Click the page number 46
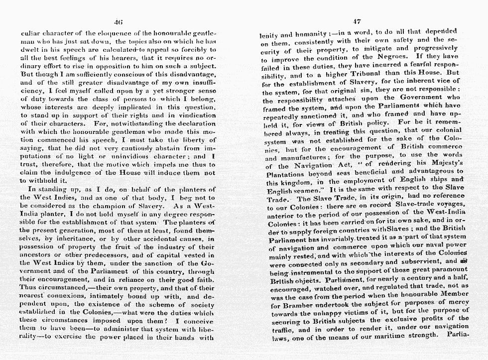(118, 21)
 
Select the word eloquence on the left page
(100, 34)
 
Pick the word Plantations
(286, 175)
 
